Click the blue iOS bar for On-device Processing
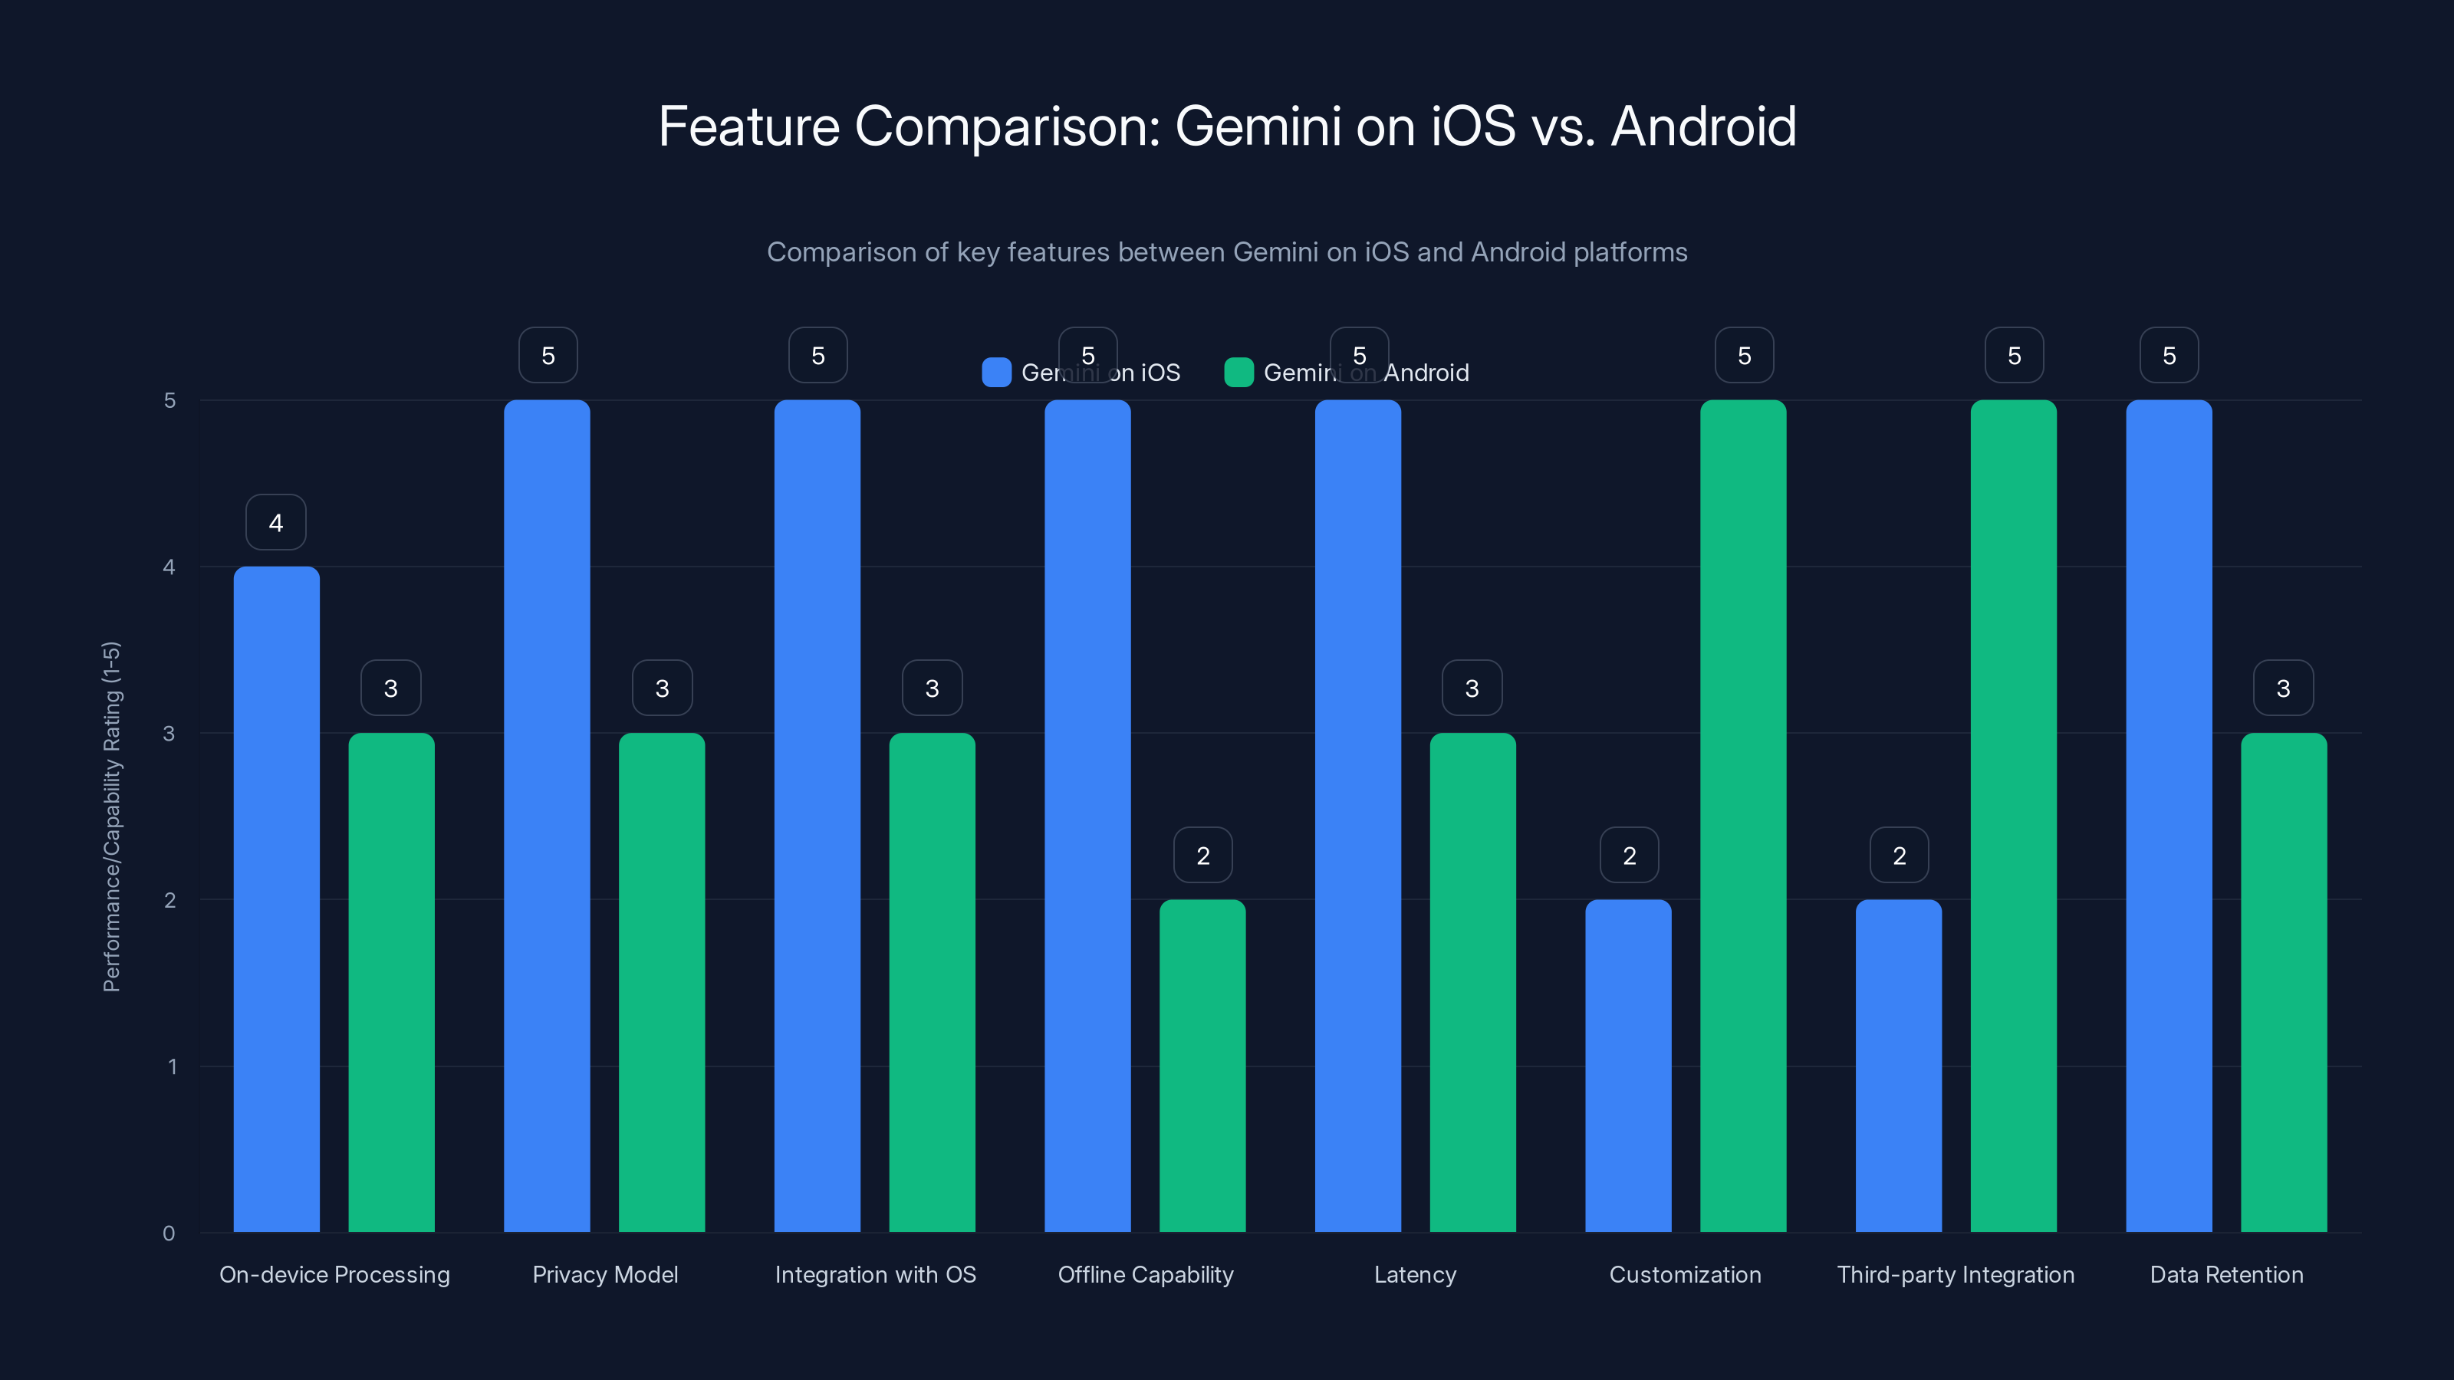pyautogui.click(x=276, y=899)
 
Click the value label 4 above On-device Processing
pyautogui.click(x=276, y=522)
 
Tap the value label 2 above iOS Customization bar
pyautogui.click(x=1629, y=856)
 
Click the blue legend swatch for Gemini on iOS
pyautogui.click(x=996, y=373)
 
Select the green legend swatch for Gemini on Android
pyautogui.click(x=1239, y=373)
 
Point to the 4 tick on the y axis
pyautogui.click(x=169, y=567)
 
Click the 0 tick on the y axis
pyautogui.click(x=169, y=1234)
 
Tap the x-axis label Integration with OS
pyautogui.click(x=876, y=1274)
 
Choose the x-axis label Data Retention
pyautogui.click(x=2226, y=1274)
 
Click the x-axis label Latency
pyautogui.click(x=1415, y=1274)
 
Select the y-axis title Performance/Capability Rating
pyautogui.click(x=111, y=816)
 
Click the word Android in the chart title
pyautogui.click(x=1703, y=127)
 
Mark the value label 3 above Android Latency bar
pyautogui.click(x=1472, y=688)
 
